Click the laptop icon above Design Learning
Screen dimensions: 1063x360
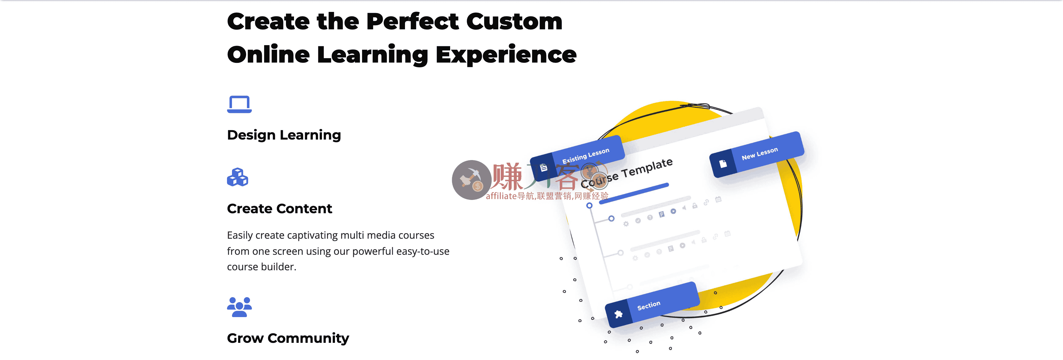239,104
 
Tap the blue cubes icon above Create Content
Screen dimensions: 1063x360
238,177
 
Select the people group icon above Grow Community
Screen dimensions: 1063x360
239,307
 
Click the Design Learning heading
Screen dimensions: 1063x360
284,135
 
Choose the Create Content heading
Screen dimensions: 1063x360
279,209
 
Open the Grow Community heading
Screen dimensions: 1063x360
288,338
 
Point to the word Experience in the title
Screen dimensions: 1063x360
506,55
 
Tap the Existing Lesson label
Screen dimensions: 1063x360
585,155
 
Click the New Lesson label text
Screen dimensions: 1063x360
760,153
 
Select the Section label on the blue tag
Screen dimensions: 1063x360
649,305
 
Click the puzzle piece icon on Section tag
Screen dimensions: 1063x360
618,315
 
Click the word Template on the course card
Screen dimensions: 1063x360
647,168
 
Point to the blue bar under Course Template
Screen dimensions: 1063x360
634,193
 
